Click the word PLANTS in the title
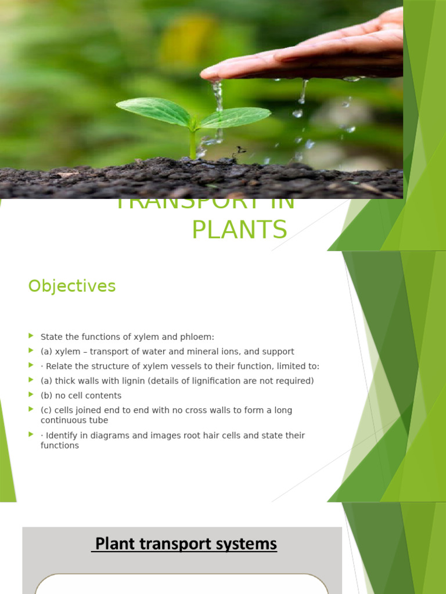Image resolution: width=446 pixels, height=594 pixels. point(239,229)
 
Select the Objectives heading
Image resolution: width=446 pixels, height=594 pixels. point(72,286)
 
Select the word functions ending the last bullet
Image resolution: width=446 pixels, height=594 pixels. point(60,445)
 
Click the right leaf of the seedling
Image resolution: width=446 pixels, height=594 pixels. point(235,117)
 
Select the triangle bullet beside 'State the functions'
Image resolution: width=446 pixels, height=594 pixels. point(31,336)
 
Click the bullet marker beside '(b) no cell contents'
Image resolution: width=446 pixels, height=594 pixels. point(31,395)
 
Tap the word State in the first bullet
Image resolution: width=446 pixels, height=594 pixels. point(51,336)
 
